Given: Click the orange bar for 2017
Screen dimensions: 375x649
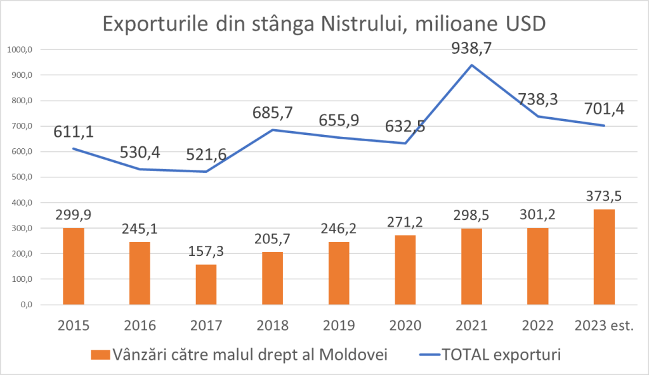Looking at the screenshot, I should pos(206,284).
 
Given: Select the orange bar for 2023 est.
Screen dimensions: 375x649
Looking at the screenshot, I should pos(604,257).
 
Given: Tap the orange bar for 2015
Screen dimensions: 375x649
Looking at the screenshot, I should pos(74,266).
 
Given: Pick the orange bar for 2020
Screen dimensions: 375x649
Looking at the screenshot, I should pos(405,270).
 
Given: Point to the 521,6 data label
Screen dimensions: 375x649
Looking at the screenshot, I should pos(206,155).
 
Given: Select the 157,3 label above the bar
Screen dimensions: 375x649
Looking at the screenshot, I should pos(206,251).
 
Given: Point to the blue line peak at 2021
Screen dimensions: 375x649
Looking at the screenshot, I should pos(471,65).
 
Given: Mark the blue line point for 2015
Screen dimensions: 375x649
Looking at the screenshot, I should pos(74,149).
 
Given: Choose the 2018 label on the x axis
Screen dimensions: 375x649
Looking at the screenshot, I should pos(272,326).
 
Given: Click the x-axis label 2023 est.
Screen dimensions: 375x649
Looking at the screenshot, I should pos(603,326).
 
